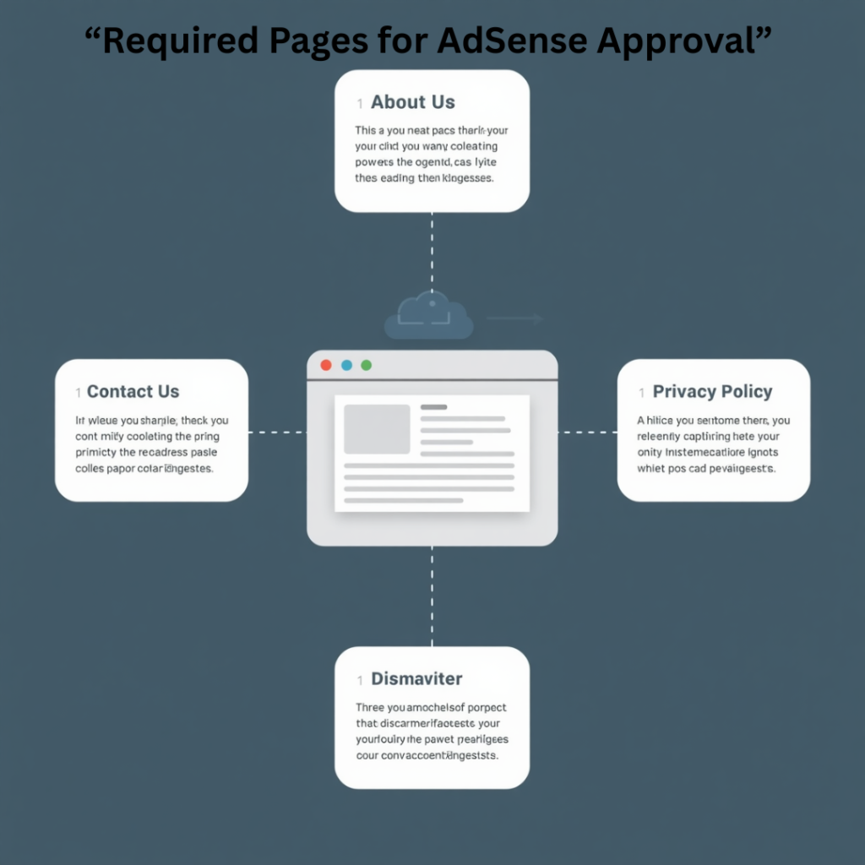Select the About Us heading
click(412, 102)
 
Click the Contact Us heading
click(133, 392)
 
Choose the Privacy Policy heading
click(712, 392)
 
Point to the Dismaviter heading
click(416, 679)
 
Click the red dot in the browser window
click(326, 365)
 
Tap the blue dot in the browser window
click(346, 365)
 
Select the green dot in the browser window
click(367, 365)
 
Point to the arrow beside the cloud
click(515, 318)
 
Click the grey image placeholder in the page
click(377, 428)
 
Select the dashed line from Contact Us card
click(277, 432)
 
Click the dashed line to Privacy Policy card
click(587, 432)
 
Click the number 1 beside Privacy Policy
click(642, 393)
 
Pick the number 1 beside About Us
click(360, 103)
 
